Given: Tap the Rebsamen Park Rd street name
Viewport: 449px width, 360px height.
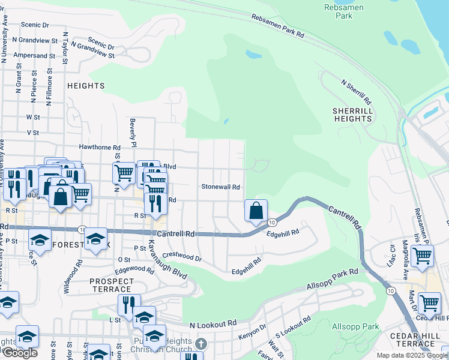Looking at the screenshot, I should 277,27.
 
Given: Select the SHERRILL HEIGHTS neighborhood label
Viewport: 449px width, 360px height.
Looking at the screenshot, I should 352,115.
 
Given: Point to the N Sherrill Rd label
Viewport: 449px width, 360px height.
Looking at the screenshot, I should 357,91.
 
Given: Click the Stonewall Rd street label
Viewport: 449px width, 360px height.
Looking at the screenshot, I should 220,187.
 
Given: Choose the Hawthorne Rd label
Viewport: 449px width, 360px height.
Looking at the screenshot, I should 100,147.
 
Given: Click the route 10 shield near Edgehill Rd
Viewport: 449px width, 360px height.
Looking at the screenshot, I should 271,223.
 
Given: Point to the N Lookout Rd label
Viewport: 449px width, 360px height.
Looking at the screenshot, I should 213,324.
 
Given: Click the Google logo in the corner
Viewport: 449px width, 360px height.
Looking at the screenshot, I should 19,353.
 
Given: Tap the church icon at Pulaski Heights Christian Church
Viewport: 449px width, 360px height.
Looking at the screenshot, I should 202,344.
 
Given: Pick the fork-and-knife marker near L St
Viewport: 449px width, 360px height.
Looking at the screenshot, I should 128,305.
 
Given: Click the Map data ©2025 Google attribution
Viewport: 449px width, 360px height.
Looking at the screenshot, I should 412,355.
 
